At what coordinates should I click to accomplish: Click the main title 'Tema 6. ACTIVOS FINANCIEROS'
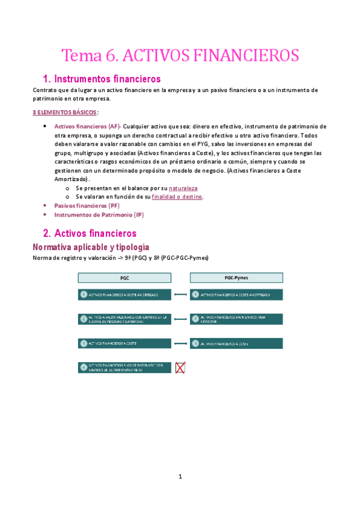tap(180, 55)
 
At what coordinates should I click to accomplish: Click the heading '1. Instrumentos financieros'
tap(102, 79)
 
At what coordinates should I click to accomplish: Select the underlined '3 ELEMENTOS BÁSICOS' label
tap(64, 112)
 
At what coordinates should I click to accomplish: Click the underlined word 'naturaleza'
tap(183, 188)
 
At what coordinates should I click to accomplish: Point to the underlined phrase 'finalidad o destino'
tap(177, 197)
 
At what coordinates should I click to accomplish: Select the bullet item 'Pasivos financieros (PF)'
tap(87, 206)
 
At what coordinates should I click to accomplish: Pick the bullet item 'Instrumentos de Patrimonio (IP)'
tap(99, 214)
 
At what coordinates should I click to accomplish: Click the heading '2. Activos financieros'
tap(90, 233)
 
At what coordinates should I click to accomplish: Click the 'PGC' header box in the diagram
tap(125, 278)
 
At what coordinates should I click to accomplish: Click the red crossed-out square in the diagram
tap(180, 367)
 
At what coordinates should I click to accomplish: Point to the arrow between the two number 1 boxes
tap(180, 295)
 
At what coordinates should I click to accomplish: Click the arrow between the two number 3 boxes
tap(180, 343)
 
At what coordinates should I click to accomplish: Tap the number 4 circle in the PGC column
tap(84, 367)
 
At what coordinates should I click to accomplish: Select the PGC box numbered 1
tap(125, 295)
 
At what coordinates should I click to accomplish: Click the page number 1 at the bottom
tap(180, 477)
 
